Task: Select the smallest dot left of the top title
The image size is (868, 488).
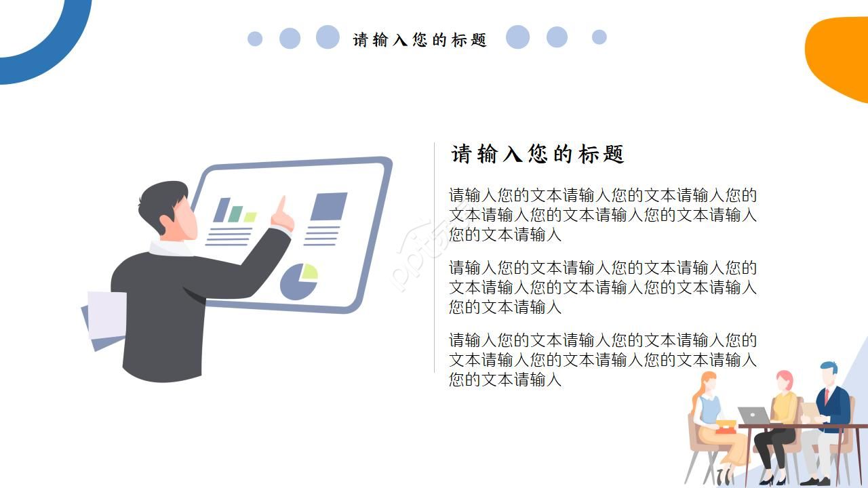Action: (255, 39)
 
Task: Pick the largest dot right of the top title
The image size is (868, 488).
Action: (517, 37)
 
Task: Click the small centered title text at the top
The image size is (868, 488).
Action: (420, 40)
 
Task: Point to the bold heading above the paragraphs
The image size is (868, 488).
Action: (537, 155)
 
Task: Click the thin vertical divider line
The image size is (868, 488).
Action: (434, 258)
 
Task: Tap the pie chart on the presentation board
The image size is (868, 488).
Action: (298, 282)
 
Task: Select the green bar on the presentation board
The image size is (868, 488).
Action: (235, 214)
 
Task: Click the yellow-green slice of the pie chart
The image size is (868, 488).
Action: (309, 272)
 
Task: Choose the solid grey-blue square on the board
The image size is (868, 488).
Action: (329, 207)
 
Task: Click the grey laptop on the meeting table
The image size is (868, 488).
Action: (753, 415)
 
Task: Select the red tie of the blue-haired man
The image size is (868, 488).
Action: (827, 394)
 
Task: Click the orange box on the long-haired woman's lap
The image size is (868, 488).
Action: (726, 426)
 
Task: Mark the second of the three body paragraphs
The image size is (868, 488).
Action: (602, 287)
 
